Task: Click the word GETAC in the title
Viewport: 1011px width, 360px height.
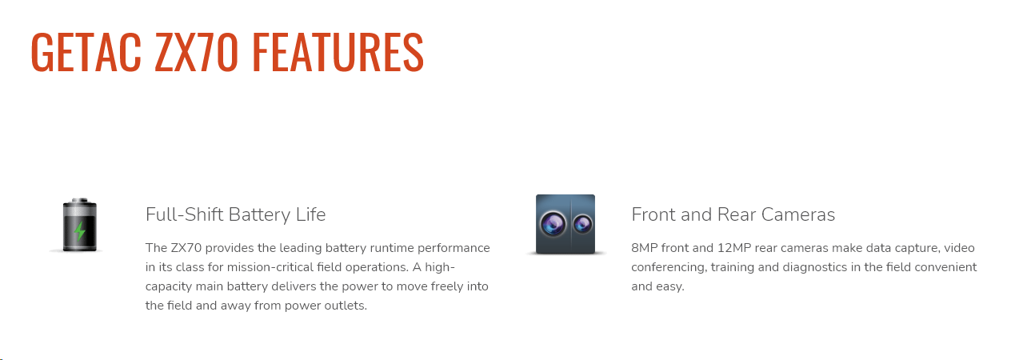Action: [x=86, y=52]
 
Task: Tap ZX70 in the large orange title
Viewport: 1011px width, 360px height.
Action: [x=196, y=52]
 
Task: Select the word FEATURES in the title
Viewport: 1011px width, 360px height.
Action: [x=338, y=52]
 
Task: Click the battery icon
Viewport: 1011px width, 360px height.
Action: [x=79, y=225]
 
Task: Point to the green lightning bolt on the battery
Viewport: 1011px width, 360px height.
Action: [x=80, y=231]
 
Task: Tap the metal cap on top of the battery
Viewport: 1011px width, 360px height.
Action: [x=80, y=200]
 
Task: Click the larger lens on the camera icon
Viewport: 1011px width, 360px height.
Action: [x=553, y=223]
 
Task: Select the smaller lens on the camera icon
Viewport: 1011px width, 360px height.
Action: [x=582, y=223]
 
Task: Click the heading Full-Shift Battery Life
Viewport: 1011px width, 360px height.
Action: [x=235, y=214]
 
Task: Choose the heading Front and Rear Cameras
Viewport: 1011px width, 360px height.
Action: [x=733, y=214]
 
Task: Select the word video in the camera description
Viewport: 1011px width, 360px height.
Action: [x=960, y=248]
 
